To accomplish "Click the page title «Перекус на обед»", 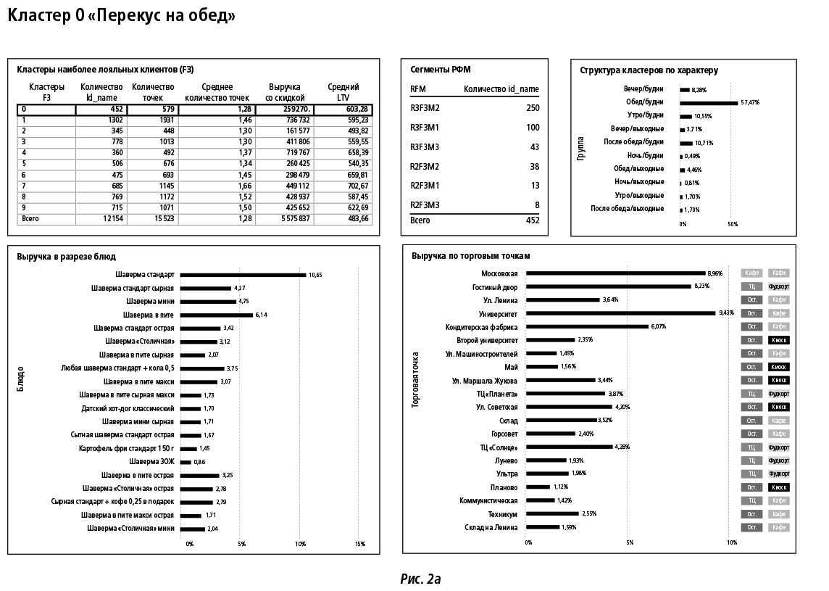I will (121, 16).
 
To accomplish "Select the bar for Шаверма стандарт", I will (243, 275).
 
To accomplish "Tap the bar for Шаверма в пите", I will (216, 315).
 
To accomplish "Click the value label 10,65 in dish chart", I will (315, 275).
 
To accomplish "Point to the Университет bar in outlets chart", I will (620, 313).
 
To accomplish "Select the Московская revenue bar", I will (615, 273).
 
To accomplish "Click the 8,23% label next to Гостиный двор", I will (701, 286).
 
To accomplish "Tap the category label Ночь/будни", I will (645, 156).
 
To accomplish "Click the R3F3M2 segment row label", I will (425, 108).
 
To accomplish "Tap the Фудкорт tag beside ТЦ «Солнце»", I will (778, 447).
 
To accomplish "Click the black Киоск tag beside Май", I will (778, 367).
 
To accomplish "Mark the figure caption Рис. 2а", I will (420, 579).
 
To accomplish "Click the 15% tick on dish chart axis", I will (359, 543).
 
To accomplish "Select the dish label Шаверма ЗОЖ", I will (151, 462).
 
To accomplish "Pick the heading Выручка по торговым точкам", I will (470, 256).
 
